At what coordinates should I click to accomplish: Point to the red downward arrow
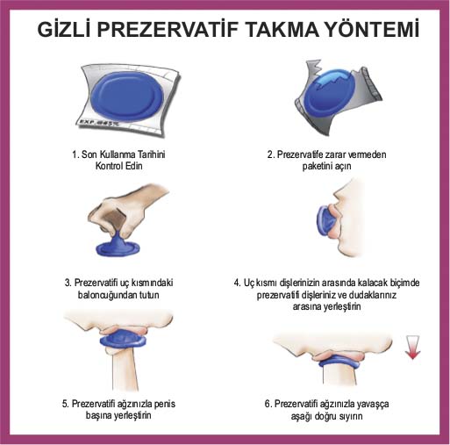[x=412, y=348]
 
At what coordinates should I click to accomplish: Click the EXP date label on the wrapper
[x=98, y=123]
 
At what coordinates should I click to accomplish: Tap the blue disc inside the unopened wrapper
[x=126, y=97]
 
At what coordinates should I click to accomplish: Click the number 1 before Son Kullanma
[x=75, y=154]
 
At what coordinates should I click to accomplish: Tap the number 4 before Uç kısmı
[x=237, y=283]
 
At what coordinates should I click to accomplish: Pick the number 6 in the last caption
[x=268, y=404]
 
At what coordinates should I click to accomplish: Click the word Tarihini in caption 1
[x=152, y=154]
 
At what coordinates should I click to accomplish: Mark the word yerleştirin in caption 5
[x=132, y=415]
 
